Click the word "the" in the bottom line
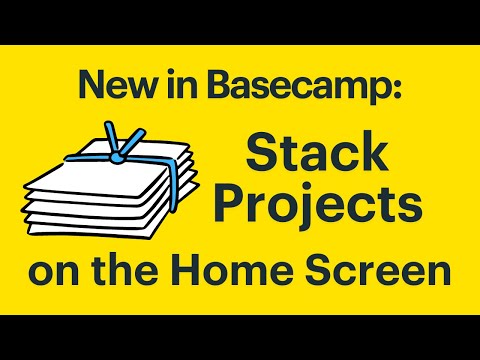click(137, 272)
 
